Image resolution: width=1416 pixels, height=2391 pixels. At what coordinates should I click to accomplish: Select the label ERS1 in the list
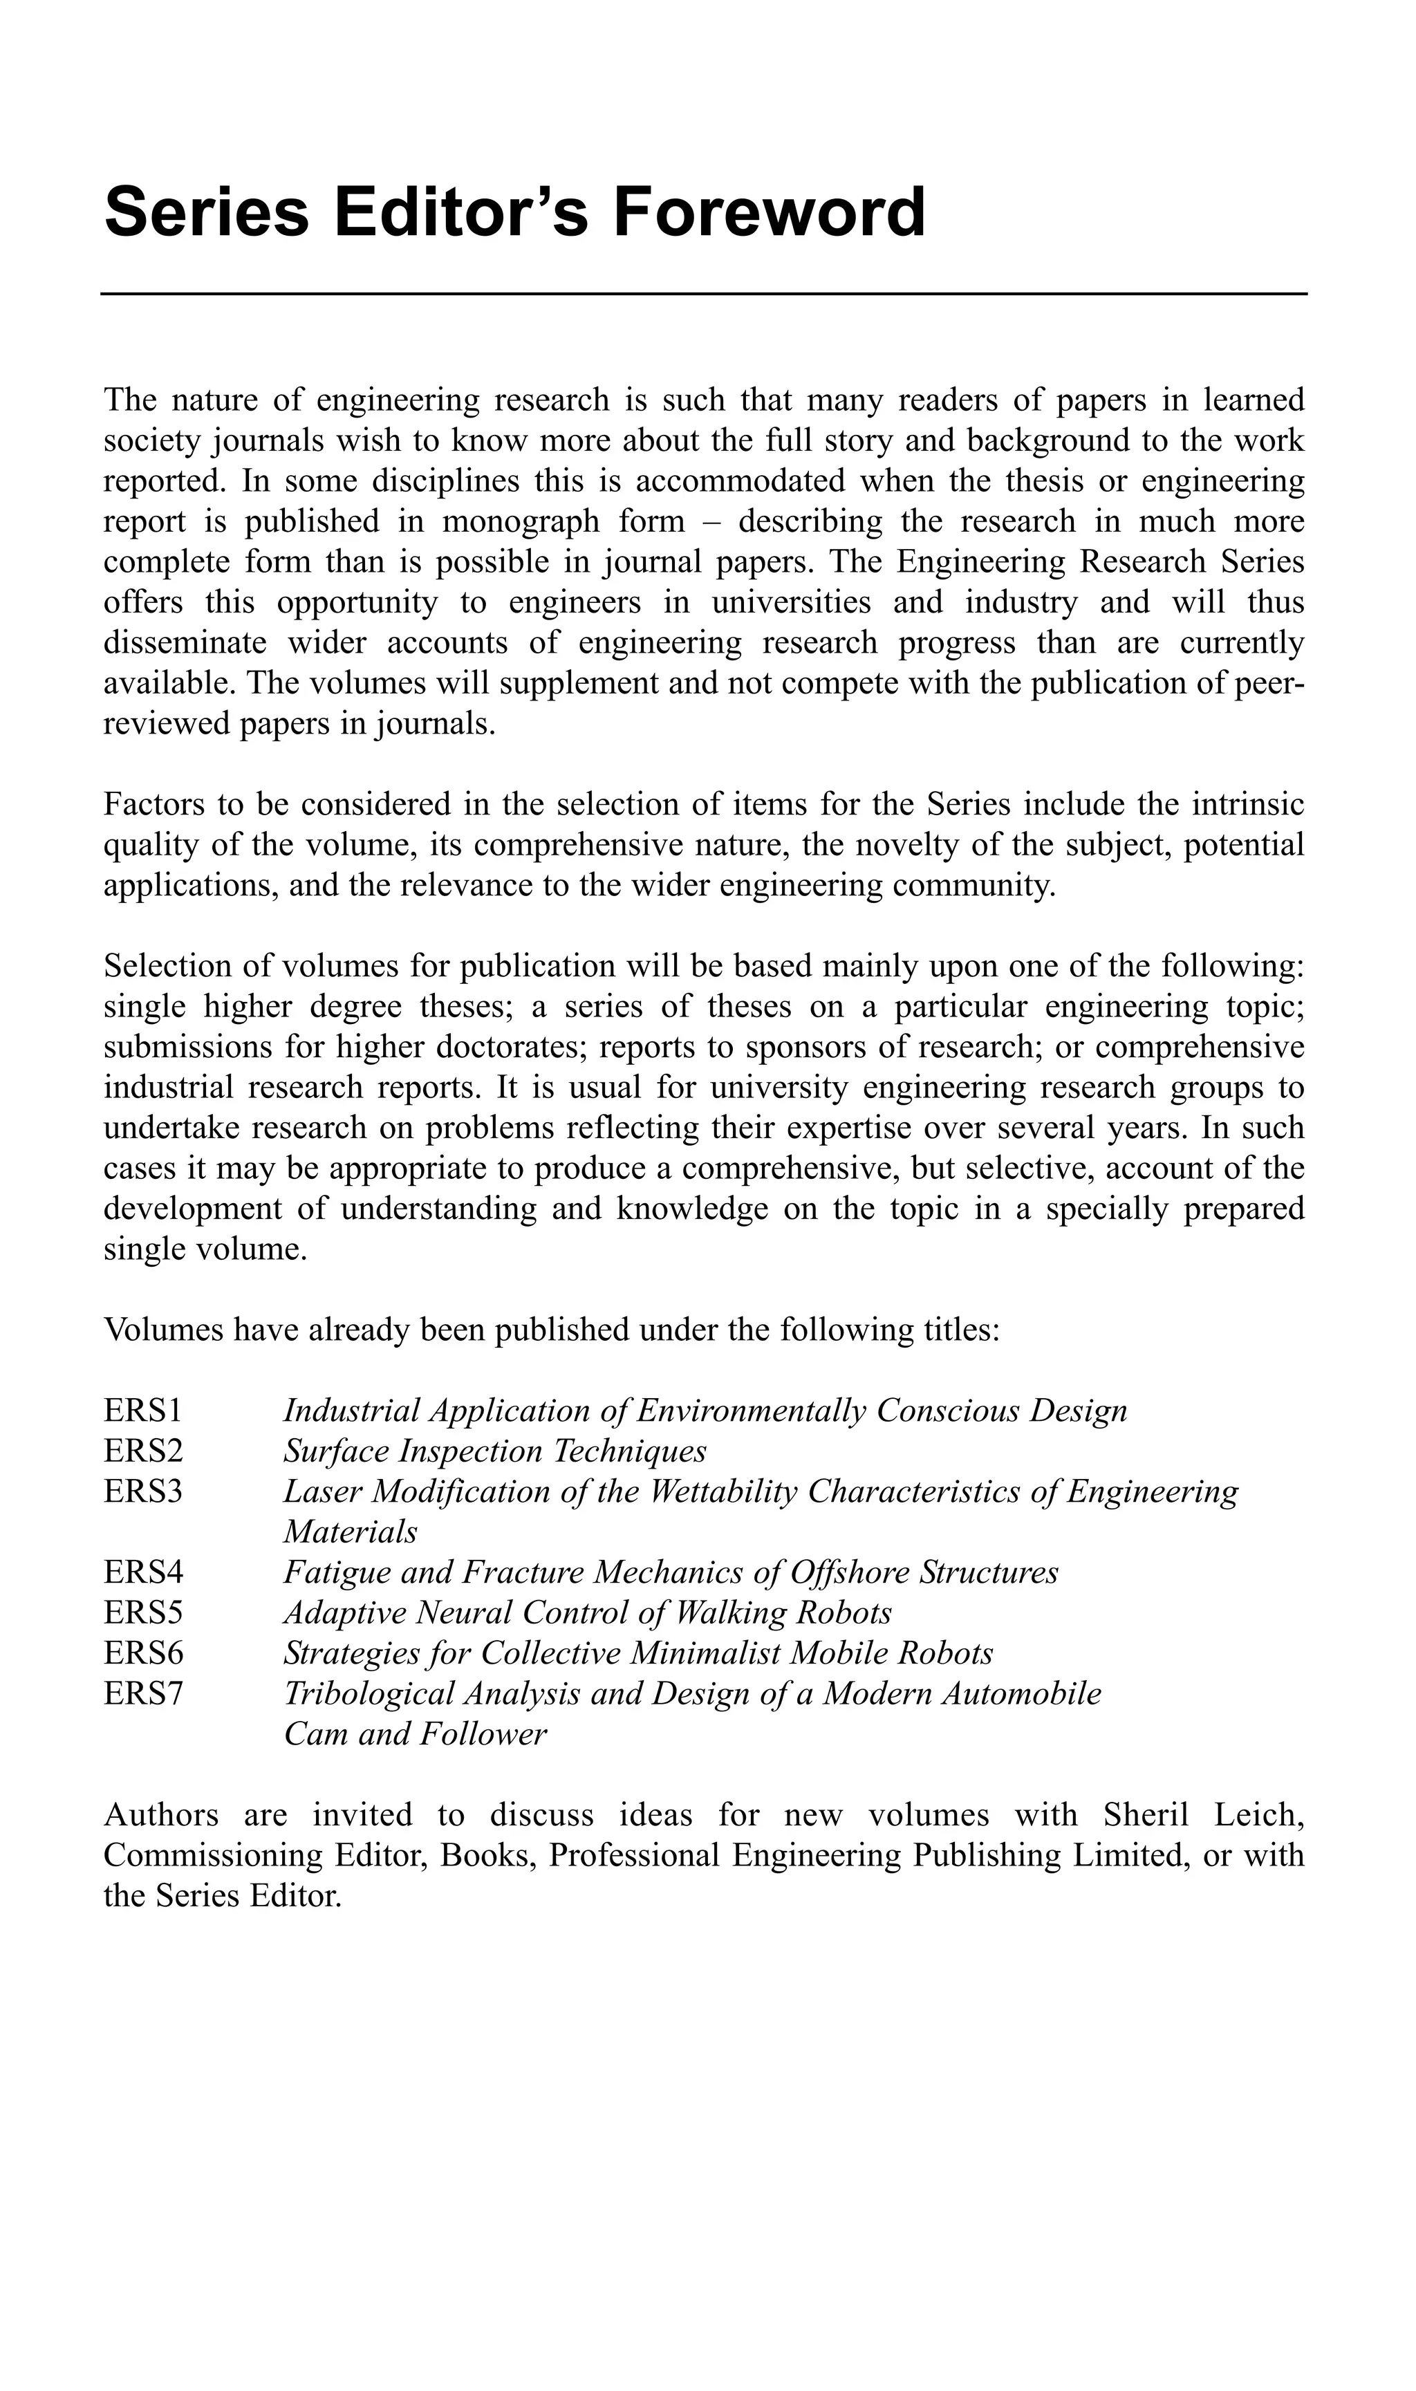point(143,1410)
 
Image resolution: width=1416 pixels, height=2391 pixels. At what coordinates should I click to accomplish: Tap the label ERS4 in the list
point(143,1572)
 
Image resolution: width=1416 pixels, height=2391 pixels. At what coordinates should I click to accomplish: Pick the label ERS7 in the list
point(143,1693)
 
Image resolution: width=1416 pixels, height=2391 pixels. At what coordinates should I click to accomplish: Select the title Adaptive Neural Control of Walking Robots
point(587,1612)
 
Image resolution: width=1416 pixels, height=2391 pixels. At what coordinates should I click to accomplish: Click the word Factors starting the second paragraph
point(153,804)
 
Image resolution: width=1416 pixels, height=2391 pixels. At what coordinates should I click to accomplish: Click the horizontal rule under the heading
point(704,294)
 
